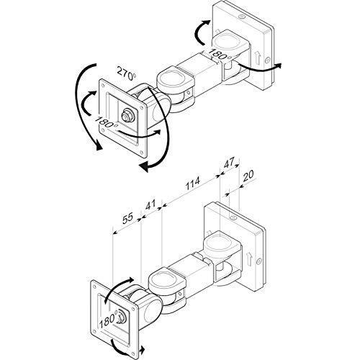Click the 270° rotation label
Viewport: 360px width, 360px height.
point(127,73)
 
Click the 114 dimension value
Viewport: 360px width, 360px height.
point(192,183)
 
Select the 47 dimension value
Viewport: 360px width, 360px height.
point(229,163)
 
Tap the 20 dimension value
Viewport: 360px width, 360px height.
point(248,176)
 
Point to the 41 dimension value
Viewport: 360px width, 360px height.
point(150,204)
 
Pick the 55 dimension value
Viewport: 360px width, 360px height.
point(127,218)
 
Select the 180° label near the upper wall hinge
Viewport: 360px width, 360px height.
point(220,55)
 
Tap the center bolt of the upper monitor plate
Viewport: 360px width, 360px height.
point(127,115)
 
